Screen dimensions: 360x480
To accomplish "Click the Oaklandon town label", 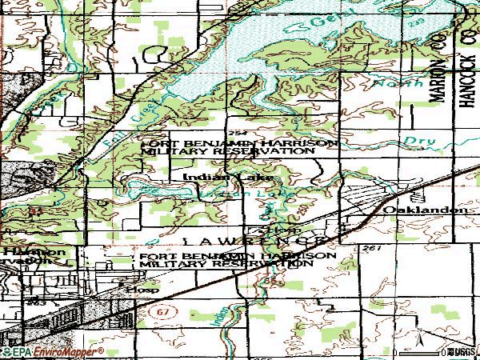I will pos(425,209).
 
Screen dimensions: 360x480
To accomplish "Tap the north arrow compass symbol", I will pos(418,340).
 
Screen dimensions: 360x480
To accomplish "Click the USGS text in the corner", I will pos(462,352).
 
